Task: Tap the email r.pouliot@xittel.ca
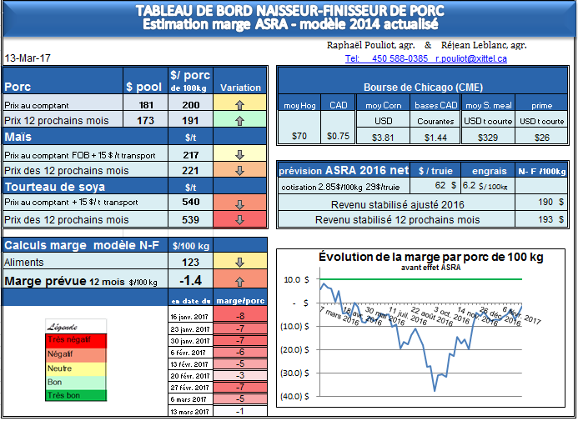pyautogui.click(x=473, y=58)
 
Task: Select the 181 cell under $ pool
pyautogui.click(x=146, y=105)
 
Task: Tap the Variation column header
pyautogui.click(x=240, y=87)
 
